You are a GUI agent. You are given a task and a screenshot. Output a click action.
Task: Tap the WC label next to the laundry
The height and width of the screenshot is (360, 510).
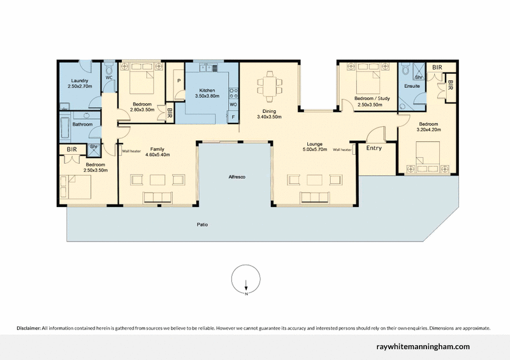108,78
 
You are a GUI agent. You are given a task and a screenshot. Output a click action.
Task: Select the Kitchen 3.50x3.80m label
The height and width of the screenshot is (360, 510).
206,93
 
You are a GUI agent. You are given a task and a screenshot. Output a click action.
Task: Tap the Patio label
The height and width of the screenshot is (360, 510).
202,225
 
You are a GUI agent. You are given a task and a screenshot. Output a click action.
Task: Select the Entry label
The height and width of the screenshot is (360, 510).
374,148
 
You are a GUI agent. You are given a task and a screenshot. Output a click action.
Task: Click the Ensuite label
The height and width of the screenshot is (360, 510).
412,85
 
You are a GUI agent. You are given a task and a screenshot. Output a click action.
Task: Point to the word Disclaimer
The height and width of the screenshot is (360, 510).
29,328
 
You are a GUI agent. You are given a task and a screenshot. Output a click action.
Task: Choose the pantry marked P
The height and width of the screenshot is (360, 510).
178,82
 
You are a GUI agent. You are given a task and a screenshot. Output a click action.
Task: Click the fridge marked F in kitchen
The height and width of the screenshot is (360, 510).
233,117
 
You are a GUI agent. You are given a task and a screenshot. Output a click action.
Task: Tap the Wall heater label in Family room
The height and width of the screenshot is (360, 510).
131,151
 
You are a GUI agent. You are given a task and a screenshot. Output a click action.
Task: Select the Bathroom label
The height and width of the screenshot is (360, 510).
83,124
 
